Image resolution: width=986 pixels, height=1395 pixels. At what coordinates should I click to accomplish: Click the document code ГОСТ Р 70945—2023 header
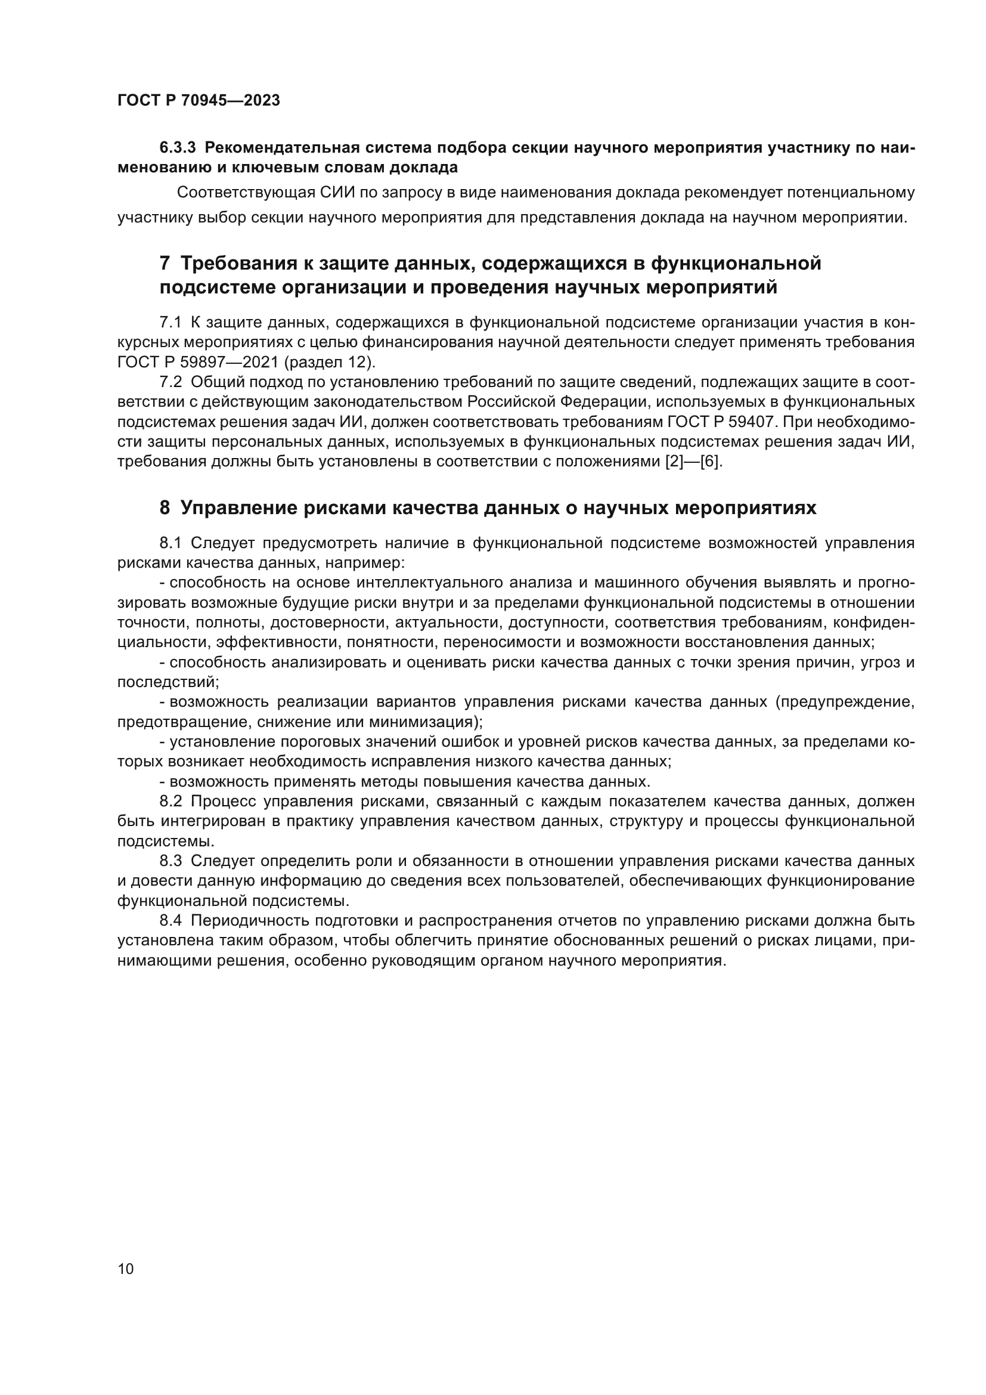tap(199, 101)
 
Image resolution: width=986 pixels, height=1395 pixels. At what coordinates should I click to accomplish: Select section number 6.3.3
tap(178, 148)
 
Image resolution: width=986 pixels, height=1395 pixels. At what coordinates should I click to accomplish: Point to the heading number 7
tap(165, 264)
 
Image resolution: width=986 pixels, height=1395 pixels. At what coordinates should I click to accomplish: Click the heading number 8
tap(165, 508)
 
